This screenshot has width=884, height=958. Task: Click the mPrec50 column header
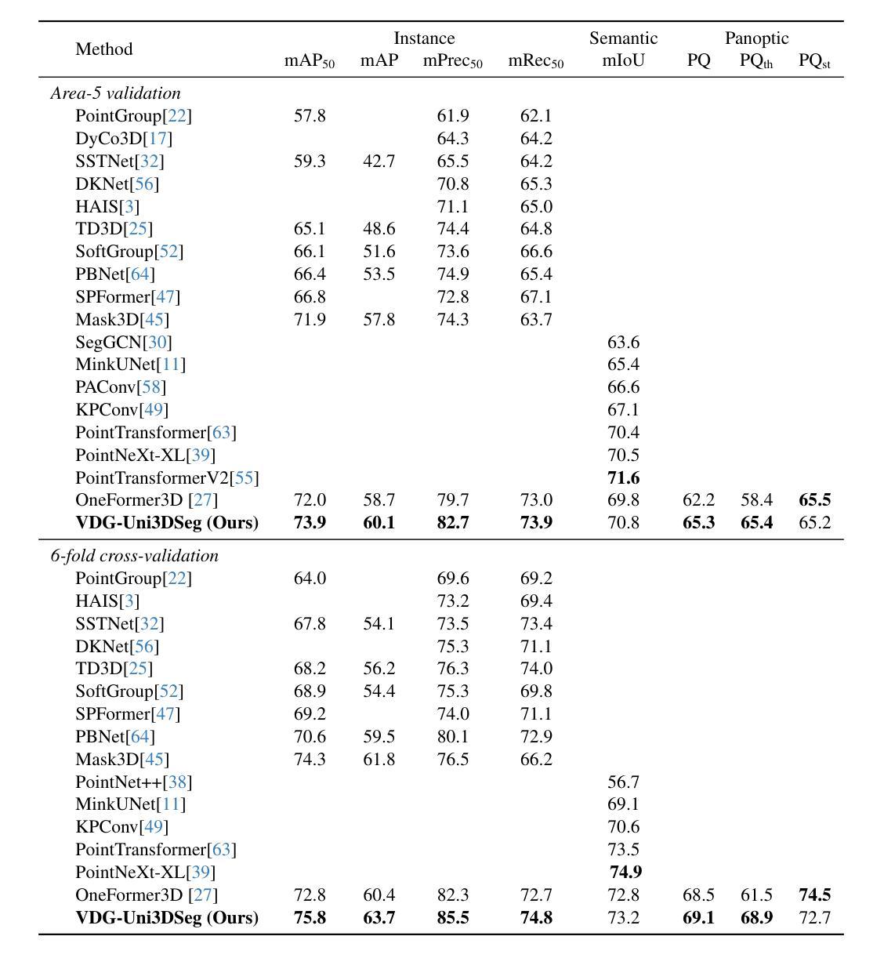pyautogui.click(x=452, y=61)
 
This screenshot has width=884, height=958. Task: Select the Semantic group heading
pyautogui.click(x=623, y=38)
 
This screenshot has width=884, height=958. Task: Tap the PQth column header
pyautogui.click(x=755, y=61)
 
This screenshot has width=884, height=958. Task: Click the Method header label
pyautogui.click(x=103, y=49)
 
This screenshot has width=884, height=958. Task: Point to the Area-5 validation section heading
pyautogui.click(x=116, y=93)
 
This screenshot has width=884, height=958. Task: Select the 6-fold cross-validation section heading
pyautogui.click(x=135, y=555)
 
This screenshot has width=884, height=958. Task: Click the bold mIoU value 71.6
pyautogui.click(x=624, y=477)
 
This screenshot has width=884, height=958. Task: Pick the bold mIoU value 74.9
pyautogui.click(x=626, y=872)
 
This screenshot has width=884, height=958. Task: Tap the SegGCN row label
pyautogui.click(x=124, y=342)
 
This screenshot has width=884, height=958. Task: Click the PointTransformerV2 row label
pyautogui.click(x=168, y=477)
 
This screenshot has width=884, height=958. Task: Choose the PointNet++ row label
pyautogui.click(x=133, y=782)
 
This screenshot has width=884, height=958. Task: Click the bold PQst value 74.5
pyautogui.click(x=815, y=894)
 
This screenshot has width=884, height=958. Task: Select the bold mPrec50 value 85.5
pyautogui.click(x=453, y=917)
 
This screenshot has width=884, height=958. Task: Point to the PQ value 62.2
pyautogui.click(x=699, y=499)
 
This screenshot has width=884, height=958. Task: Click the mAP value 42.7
pyautogui.click(x=379, y=161)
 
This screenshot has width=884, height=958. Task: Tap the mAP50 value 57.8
pyautogui.click(x=310, y=116)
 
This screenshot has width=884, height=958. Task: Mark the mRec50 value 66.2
pyautogui.click(x=536, y=759)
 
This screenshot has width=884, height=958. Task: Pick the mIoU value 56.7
pyautogui.click(x=624, y=782)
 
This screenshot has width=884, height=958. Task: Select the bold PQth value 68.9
pyautogui.click(x=757, y=917)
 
